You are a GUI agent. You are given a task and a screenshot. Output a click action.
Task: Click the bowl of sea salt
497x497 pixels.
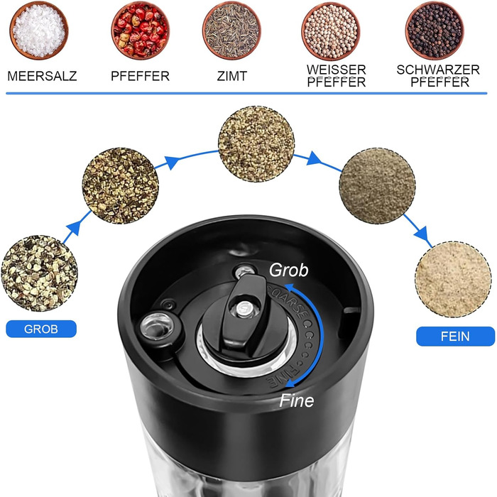point(39,31)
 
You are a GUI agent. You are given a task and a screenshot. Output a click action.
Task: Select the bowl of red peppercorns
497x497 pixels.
point(140,31)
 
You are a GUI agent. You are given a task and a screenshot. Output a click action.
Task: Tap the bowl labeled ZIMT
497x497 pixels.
point(231,31)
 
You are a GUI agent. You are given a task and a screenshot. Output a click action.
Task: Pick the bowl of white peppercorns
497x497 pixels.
point(331,31)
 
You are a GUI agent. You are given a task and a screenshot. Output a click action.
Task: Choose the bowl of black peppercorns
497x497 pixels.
point(435,31)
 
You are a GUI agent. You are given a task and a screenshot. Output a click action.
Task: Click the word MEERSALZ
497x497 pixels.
point(42,76)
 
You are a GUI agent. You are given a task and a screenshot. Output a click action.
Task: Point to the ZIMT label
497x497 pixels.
point(232,76)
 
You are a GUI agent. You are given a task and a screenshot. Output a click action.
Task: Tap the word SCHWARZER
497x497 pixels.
point(438,70)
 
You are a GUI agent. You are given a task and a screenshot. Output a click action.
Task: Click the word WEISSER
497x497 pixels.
point(337,70)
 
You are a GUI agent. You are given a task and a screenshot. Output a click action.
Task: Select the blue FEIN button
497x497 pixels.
point(455,337)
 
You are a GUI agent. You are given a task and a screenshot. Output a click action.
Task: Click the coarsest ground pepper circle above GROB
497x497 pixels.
point(39,273)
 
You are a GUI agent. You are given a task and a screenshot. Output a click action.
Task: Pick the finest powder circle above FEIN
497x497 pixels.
point(453,279)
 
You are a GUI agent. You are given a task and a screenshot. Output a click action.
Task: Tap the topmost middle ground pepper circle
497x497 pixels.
point(256,144)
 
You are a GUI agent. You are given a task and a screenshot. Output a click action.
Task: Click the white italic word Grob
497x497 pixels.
point(288,271)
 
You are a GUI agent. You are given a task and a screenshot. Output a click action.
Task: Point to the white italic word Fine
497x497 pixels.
point(297,400)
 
